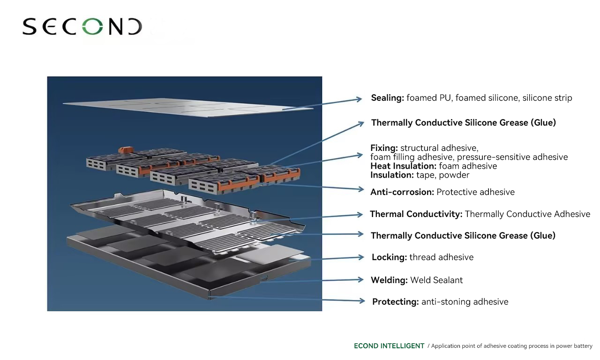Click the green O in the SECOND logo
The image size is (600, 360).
(x=92, y=27)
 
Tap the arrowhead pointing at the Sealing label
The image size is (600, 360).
(x=359, y=99)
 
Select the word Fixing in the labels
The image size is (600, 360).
(x=384, y=148)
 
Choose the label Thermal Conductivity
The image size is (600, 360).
(x=416, y=214)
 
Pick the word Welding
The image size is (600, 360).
(x=389, y=280)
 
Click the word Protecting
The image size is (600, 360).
(x=396, y=302)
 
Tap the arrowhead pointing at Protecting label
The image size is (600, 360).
(x=362, y=301)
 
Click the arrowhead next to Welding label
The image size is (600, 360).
(x=360, y=280)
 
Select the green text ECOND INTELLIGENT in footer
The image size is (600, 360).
(x=389, y=346)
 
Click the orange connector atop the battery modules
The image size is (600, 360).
(x=126, y=150)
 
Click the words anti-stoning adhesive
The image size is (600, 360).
(x=465, y=302)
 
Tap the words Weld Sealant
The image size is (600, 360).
(x=436, y=280)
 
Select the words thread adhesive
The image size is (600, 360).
(x=442, y=257)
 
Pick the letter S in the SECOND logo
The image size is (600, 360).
(x=30, y=27)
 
